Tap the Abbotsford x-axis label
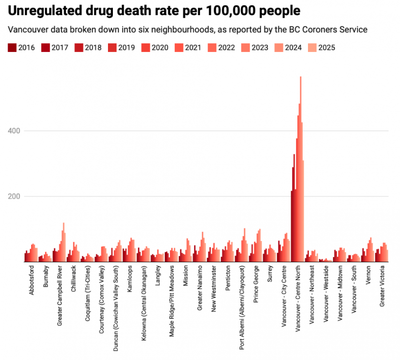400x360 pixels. coord(31,280)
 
